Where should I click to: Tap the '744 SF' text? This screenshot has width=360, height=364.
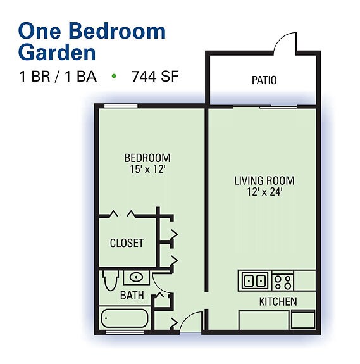156,77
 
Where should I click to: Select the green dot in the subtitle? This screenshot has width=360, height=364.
114,77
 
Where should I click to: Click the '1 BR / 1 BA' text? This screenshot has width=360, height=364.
58,77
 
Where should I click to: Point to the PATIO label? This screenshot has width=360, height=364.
264,80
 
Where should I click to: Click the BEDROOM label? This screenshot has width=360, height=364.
147,158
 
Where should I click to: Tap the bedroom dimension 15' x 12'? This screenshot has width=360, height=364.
147,169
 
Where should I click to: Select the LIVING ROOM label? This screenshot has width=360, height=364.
264,180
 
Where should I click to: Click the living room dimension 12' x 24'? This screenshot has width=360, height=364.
264,192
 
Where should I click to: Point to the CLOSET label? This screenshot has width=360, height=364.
127,243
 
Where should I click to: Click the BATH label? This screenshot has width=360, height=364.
132,295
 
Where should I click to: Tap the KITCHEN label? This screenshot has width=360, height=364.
278,301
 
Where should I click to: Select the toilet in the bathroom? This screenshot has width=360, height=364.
109,280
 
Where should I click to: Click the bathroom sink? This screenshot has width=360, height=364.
136,277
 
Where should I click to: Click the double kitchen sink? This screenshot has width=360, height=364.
254,280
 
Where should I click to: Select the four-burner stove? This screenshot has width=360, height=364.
282,280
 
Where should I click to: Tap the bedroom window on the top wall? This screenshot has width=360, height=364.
121,105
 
